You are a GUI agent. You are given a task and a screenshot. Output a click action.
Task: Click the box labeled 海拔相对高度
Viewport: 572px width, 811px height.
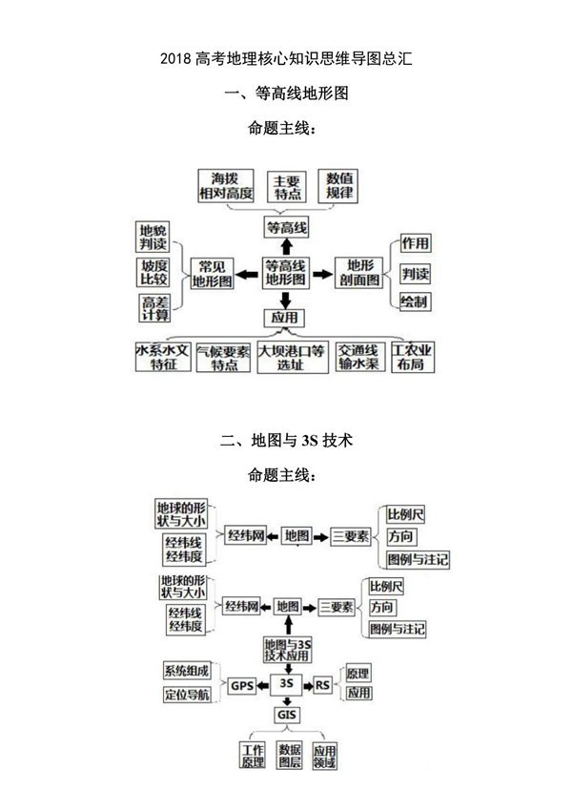[226, 185]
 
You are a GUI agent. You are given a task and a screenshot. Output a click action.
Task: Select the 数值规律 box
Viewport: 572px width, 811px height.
[339, 185]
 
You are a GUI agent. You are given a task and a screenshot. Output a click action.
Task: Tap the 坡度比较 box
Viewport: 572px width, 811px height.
[154, 273]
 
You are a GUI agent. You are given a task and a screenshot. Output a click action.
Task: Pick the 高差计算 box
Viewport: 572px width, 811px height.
[154, 309]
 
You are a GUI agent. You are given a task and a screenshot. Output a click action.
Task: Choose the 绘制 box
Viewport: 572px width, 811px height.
[414, 302]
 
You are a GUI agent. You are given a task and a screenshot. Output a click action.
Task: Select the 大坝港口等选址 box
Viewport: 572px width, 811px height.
[293, 358]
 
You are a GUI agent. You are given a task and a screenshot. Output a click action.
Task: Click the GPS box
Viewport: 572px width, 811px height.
[238, 685]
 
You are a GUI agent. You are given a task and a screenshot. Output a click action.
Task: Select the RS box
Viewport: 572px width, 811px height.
[323, 684]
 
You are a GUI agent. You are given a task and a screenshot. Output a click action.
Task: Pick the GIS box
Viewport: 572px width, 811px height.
[286, 715]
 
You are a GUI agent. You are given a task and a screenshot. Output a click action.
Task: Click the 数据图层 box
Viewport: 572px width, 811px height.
[288, 757]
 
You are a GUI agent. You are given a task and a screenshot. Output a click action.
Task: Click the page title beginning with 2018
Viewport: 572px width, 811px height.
[286, 59]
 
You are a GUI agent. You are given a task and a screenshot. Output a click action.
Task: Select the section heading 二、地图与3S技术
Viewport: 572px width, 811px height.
[286, 441]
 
